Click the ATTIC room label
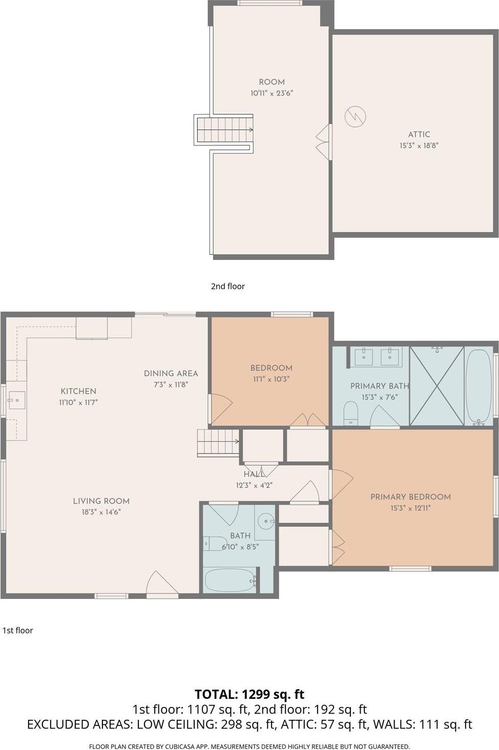tap(419, 134)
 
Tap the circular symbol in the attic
tap(356, 117)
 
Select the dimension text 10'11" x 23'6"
tap(272, 93)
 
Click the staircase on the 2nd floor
tap(224, 130)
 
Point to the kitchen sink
tap(16, 400)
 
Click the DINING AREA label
tap(171, 373)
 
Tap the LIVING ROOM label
tap(101, 501)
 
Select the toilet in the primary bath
tap(350, 413)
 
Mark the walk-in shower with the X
tap(436, 386)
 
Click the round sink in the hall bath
tap(265, 522)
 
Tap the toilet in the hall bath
tap(215, 543)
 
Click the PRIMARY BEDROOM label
tap(410, 497)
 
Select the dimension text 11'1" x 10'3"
tap(271, 379)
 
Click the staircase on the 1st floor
tap(218, 442)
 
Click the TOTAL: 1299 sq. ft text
tap(249, 694)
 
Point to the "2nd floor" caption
tap(227, 286)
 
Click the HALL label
tap(254, 475)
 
